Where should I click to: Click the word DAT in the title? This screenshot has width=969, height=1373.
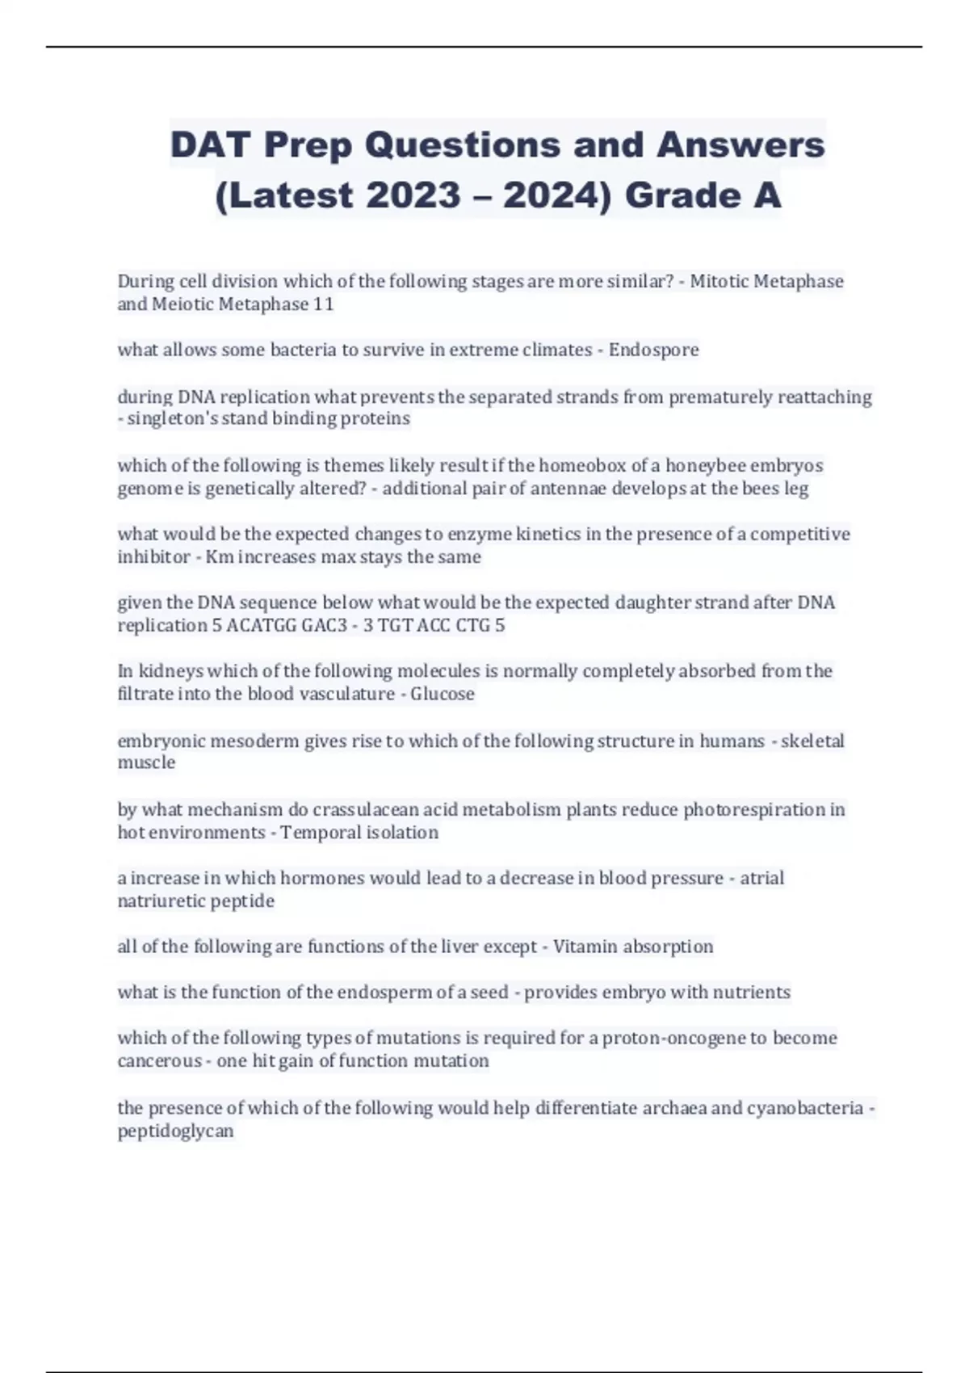click(211, 145)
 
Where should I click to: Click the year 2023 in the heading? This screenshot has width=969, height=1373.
click(413, 195)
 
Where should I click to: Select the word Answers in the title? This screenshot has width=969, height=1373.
click(740, 145)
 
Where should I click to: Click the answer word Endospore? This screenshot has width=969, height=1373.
click(653, 350)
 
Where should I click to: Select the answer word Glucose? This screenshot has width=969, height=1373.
click(443, 694)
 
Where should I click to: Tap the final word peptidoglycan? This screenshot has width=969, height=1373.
click(175, 1131)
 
